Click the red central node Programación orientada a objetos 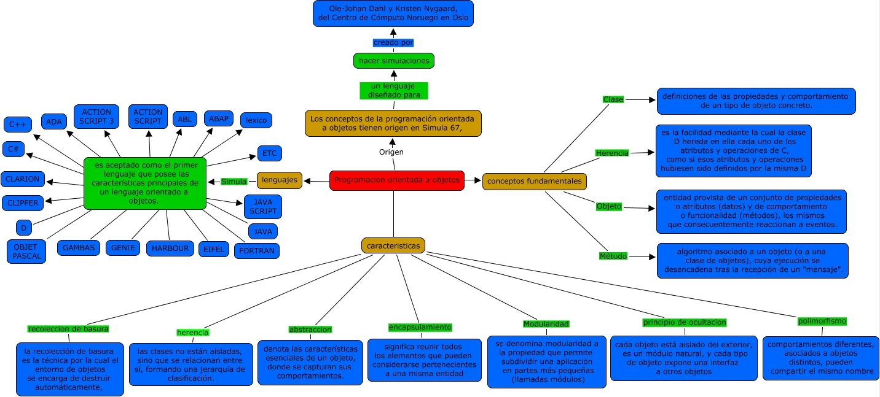[397, 180]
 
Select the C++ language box [17, 125]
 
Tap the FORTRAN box [256, 250]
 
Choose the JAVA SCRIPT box [263, 206]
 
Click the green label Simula [234, 181]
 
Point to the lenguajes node [280, 180]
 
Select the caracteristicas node [393, 245]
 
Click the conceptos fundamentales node [535, 181]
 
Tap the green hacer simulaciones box [394, 60]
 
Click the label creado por [393, 42]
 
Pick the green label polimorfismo [822, 321]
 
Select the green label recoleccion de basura [68, 328]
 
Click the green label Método [613, 256]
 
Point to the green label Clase [613, 99]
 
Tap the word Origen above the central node [391, 152]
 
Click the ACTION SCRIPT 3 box [96, 117]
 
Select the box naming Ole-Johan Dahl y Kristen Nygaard [393, 13]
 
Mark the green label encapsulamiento [420, 327]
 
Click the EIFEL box [214, 249]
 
